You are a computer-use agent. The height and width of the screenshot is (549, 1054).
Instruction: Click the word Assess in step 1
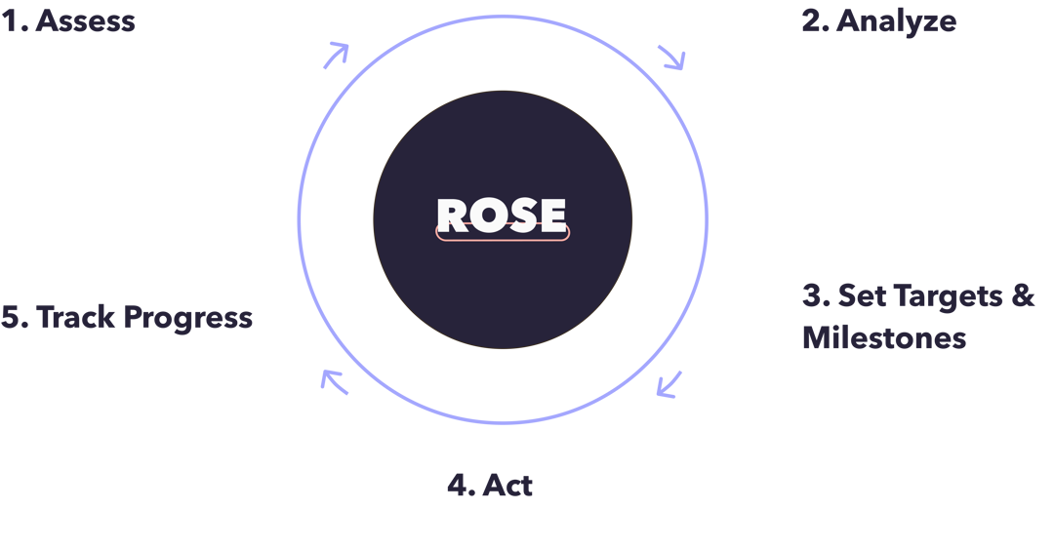(85, 21)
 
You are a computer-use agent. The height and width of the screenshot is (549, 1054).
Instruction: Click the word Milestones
(884, 337)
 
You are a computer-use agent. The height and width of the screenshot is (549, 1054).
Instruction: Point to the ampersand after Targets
(1023, 296)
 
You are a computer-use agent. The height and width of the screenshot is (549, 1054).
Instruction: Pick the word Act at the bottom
(507, 486)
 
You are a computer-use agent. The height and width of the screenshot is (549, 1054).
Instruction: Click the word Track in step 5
(75, 317)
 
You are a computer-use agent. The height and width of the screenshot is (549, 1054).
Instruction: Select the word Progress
(188, 319)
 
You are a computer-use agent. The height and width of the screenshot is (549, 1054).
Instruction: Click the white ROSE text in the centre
(502, 216)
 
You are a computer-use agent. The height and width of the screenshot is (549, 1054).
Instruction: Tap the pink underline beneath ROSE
(503, 239)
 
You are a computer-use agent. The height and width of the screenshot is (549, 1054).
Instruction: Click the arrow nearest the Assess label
(336, 56)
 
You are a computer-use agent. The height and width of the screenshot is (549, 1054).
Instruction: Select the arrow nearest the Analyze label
(671, 57)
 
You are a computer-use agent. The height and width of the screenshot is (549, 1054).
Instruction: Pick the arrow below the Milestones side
(669, 384)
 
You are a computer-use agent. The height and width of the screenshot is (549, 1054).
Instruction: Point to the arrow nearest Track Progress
(334, 381)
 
